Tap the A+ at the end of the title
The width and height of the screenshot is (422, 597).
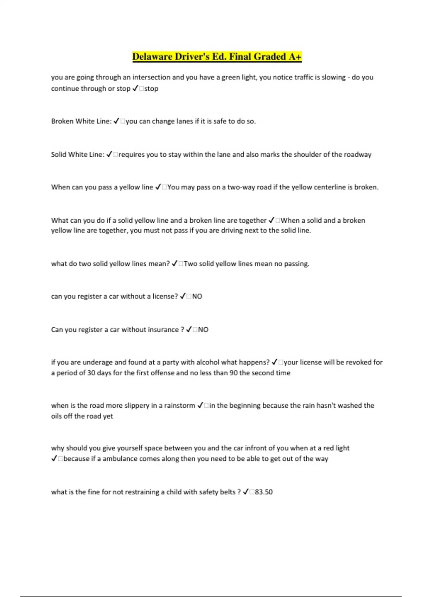tap(295, 57)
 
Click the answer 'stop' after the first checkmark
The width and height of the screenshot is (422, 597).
tap(151, 88)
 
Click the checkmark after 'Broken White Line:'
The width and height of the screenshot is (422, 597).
tap(117, 121)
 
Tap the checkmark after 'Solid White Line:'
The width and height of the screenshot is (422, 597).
tap(109, 155)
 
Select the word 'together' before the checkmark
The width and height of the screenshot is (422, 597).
tap(252, 221)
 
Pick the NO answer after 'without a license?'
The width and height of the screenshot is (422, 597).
tap(197, 296)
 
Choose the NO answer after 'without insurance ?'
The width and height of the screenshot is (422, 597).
tap(203, 330)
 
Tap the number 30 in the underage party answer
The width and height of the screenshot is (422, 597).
tap(91, 373)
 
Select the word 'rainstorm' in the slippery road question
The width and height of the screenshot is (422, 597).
tap(179, 406)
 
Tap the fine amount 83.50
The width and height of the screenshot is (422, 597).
tap(264, 492)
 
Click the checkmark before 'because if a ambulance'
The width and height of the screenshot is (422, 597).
tap(54, 459)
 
